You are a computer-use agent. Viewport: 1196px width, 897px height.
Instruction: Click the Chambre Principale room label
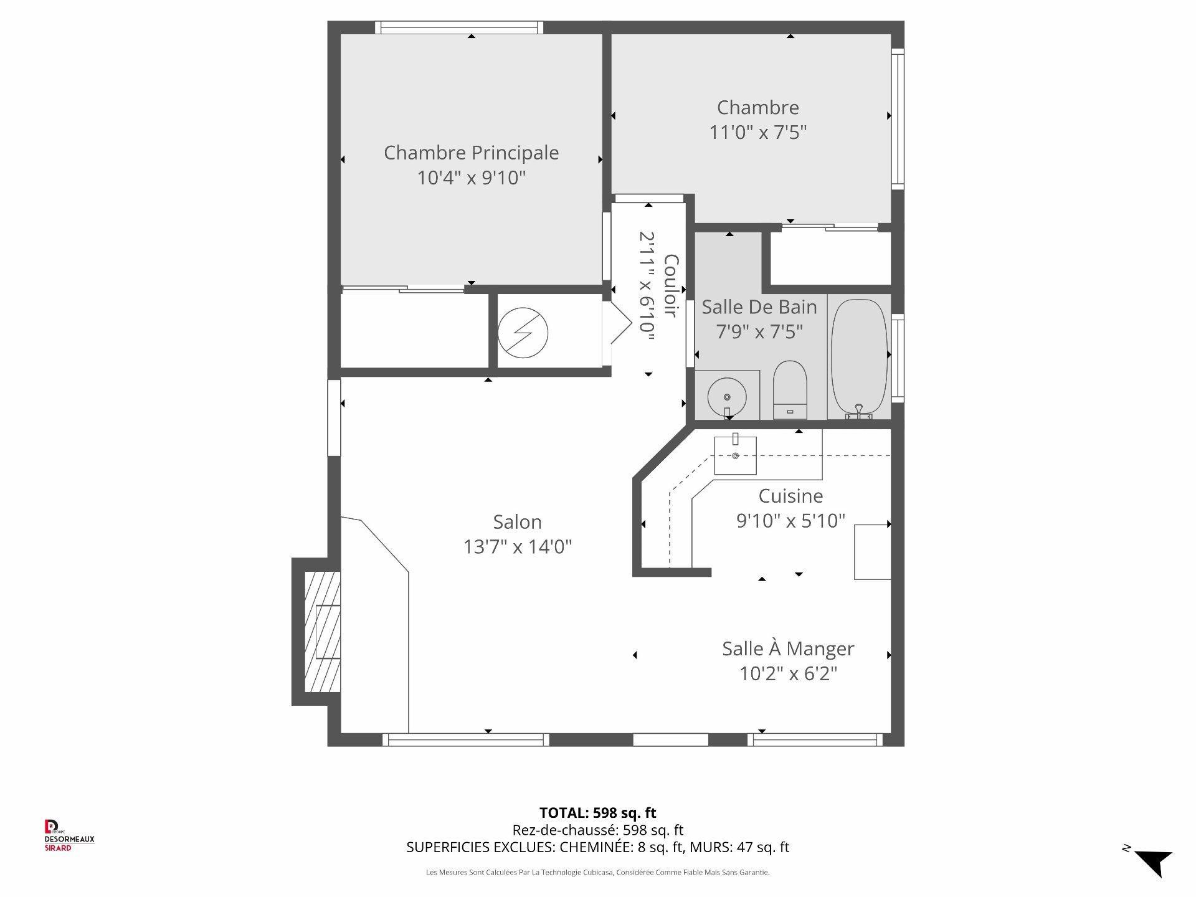click(x=471, y=153)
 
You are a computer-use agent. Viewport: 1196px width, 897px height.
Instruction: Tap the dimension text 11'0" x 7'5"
click(x=758, y=133)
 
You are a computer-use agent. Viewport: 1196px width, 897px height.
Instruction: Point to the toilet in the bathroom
click(x=790, y=389)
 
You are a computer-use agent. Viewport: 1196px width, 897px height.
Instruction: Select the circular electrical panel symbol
click(x=523, y=333)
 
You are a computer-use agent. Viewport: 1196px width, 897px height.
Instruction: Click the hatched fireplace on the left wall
click(x=322, y=632)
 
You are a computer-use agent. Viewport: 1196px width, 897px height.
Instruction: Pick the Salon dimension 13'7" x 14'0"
click(x=517, y=547)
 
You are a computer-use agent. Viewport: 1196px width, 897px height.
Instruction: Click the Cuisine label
click(x=790, y=496)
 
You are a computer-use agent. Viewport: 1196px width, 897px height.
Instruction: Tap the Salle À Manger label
click(x=787, y=648)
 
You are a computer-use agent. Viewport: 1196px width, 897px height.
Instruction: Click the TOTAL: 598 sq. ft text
click(x=597, y=812)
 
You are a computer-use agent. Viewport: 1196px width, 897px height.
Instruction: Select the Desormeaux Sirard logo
click(x=69, y=835)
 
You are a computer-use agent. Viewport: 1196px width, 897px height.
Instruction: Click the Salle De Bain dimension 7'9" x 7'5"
click(x=759, y=332)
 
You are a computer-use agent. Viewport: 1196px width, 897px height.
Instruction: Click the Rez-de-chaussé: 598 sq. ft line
click(x=597, y=830)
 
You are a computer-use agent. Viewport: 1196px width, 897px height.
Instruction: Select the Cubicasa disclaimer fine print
click(x=597, y=873)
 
